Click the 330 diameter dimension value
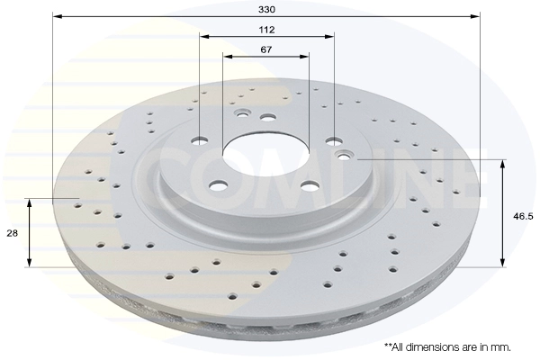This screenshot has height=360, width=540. click(267, 9)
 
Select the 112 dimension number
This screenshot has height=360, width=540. click(267, 30)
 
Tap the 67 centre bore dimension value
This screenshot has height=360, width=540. click(265, 49)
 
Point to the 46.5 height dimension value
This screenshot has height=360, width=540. click(523, 216)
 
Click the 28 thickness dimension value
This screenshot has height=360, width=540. click(12, 233)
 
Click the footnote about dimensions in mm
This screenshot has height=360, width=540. click(447, 346)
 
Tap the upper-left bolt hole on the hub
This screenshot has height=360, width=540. click(200, 140)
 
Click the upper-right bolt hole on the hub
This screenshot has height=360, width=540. click(334, 140)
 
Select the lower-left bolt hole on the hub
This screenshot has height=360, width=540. click(219, 185)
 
